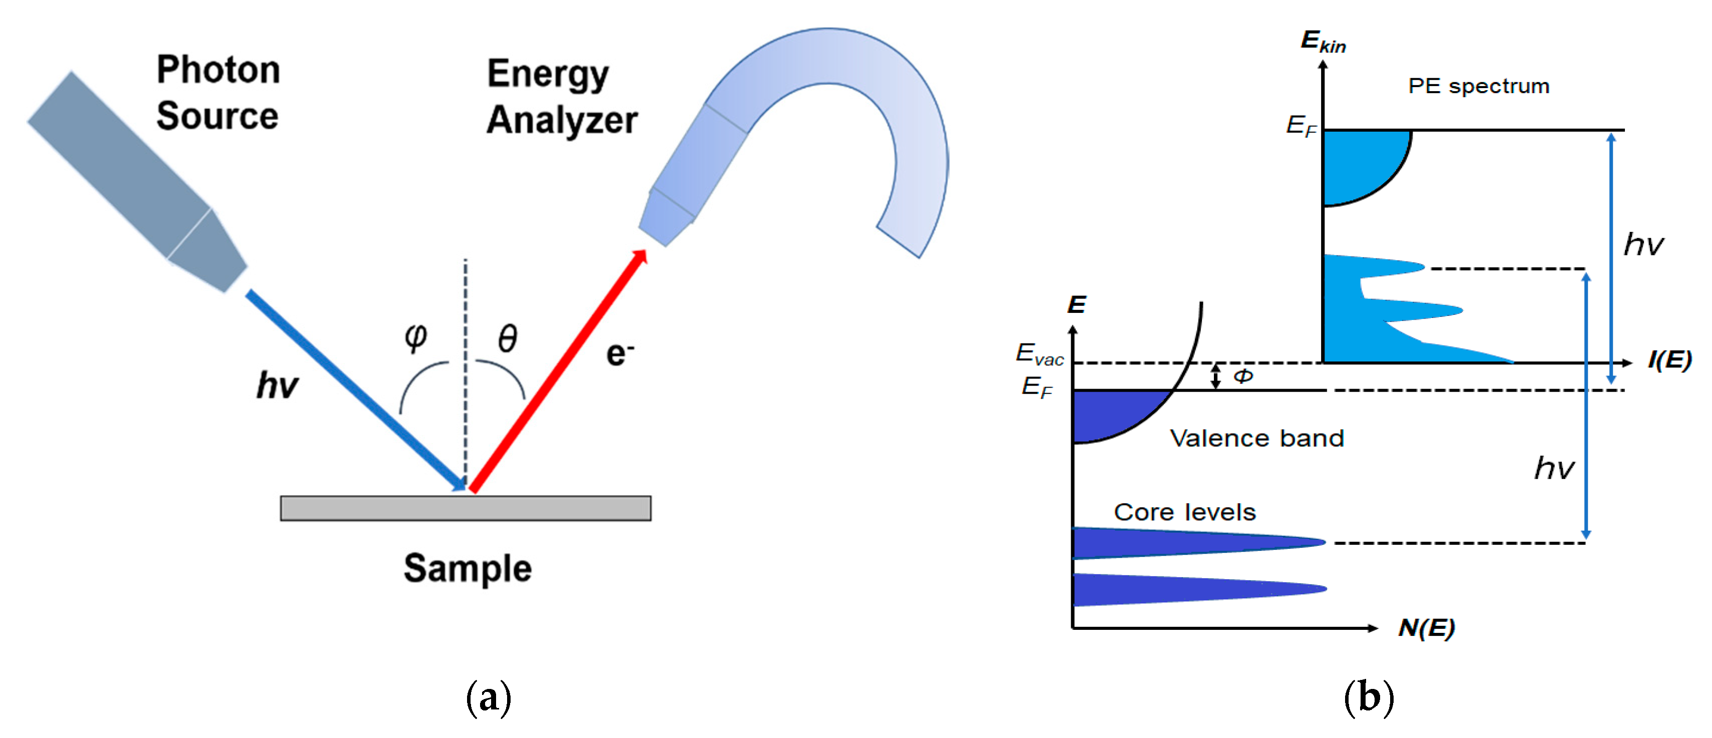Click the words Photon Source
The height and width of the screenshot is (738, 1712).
pos(218,93)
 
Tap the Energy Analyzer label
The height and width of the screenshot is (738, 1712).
pos(562,97)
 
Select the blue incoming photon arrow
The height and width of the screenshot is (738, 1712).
pos(355,390)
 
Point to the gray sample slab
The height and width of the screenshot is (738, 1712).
pos(465,508)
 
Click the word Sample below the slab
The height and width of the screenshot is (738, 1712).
pos(467,568)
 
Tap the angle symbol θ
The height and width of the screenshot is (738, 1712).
pos(508,338)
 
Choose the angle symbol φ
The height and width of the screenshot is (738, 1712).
pos(416,336)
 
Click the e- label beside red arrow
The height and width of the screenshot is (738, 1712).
pos(619,353)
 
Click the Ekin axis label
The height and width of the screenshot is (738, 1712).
pos(1323,41)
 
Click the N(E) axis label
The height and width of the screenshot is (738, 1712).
pos(1426,627)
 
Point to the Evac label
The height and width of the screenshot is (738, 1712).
pos(1039,353)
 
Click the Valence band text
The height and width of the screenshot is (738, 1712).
pos(1256,438)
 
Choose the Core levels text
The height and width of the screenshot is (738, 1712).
pos(1184,512)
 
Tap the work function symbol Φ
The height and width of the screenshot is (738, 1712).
pos(1243,377)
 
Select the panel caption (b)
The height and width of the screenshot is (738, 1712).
pos(1369,697)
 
